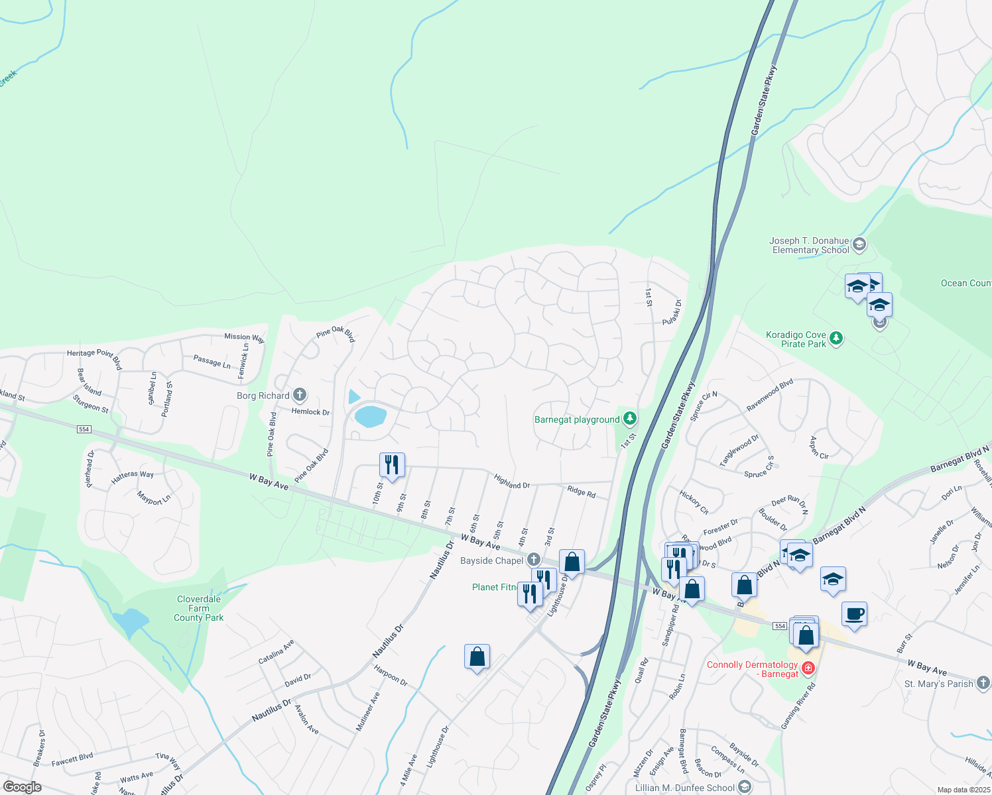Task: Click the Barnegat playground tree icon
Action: coord(630,419)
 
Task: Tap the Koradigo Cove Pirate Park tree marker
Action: coord(836,339)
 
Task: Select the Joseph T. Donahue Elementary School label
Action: coord(810,246)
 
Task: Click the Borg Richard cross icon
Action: coord(299,396)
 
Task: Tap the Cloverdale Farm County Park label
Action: coord(198,608)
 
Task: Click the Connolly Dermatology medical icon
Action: coord(808,668)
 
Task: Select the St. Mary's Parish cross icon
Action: coord(983,682)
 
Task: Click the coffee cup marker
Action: coord(855,613)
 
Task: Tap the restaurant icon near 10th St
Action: coord(392,464)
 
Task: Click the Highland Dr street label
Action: coord(512,482)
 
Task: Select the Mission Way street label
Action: coord(244,337)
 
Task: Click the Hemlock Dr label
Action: coord(310,412)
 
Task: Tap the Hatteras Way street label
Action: coord(133,474)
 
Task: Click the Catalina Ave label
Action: coord(276,653)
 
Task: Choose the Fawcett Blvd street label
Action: coord(72,759)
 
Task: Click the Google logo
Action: coord(23,787)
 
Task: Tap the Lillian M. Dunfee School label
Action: coord(685,788)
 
